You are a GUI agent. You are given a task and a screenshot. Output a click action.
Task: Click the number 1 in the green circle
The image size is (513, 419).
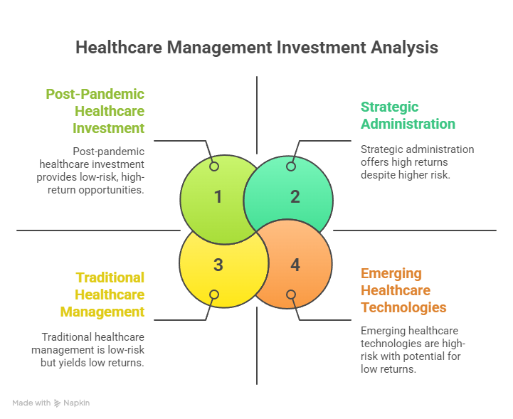pyautogui.click(x=218, y=197)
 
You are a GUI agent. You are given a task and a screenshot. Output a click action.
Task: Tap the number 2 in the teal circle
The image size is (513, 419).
pyautogui.click(x=295, y=197)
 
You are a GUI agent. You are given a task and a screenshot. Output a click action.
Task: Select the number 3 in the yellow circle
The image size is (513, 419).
pyautogui.click(x=218, y=265)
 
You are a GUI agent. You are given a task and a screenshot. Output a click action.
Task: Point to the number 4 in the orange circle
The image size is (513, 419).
pyautogui.click(x=295, y=265)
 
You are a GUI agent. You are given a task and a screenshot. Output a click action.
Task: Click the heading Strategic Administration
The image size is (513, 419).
pyautogui.click(x=408, y=115)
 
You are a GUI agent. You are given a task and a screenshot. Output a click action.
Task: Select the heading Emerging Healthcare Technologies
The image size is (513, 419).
pyautogui.click(x=403, y=290)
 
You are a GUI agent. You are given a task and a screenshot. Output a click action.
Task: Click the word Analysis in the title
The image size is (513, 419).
pyautogui.click(x=403, y=48)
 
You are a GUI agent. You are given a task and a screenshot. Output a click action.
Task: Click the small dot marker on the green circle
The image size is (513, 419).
pyautogui.click(x=214, y=166)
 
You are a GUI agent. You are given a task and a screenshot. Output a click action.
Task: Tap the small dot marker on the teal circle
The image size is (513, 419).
pyautogui.click(x=290, y=166)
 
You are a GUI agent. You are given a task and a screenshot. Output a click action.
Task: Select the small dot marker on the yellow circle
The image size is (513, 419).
pyautogui.click(x=214, y=295)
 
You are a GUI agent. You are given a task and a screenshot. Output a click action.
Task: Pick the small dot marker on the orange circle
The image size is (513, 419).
pyautogui.click(x=290, y=295)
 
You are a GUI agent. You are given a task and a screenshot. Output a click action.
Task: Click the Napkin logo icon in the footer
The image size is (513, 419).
pyautogui.click(x=57, y=403)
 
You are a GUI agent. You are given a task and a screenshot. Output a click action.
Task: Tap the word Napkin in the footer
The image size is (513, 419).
pyautogui.click(x=77, y=403)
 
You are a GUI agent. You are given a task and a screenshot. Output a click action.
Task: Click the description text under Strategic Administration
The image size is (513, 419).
pyautogui.click(x=416, y=161)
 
